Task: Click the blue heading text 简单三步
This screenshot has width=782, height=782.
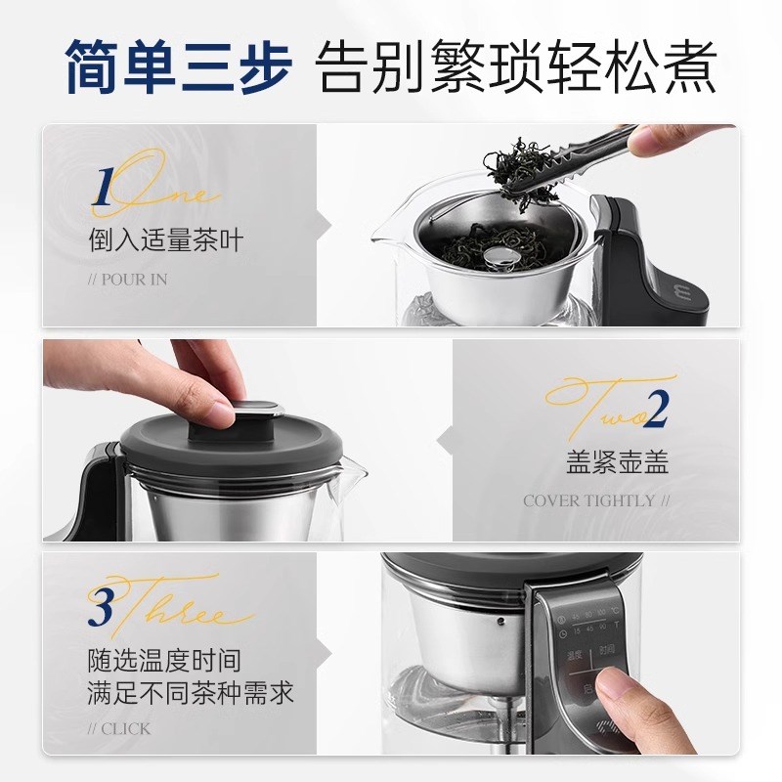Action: [x=177, y=65]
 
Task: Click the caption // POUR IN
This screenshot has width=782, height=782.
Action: [x=127, y=280]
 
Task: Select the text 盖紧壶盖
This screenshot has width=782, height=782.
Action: [x=617, y=462]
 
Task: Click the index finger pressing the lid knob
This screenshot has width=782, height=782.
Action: [x=210, y=386]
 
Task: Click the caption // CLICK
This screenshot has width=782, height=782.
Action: [x=118, y=729]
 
